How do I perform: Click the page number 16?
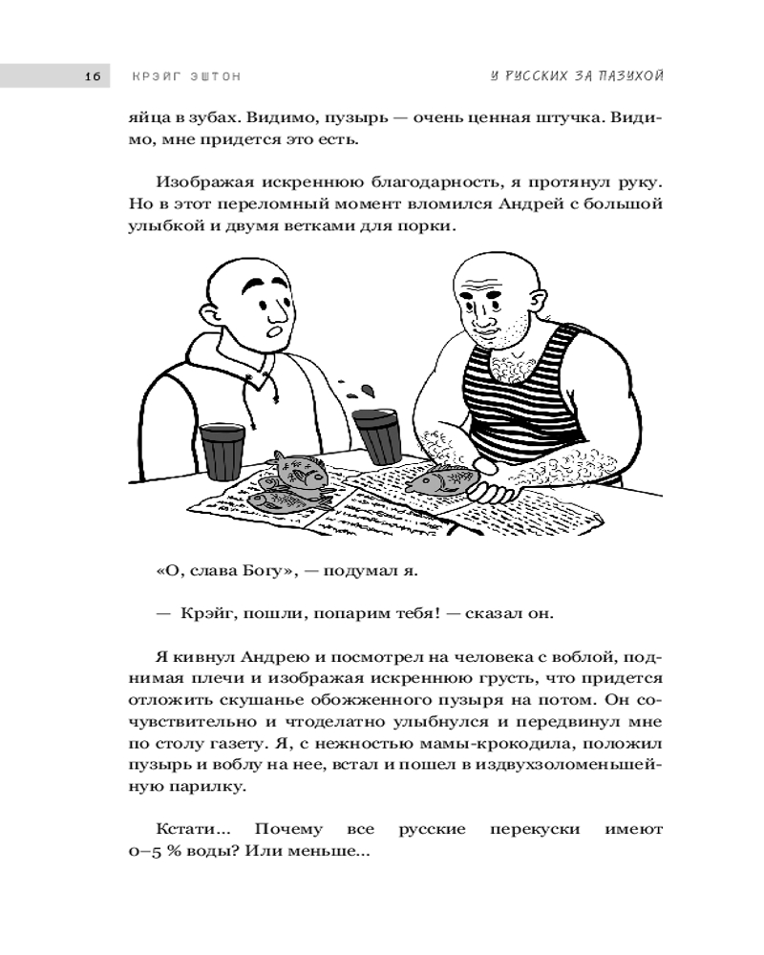[93, 77]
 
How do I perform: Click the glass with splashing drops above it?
[374, 435]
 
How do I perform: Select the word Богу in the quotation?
[269, 571]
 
